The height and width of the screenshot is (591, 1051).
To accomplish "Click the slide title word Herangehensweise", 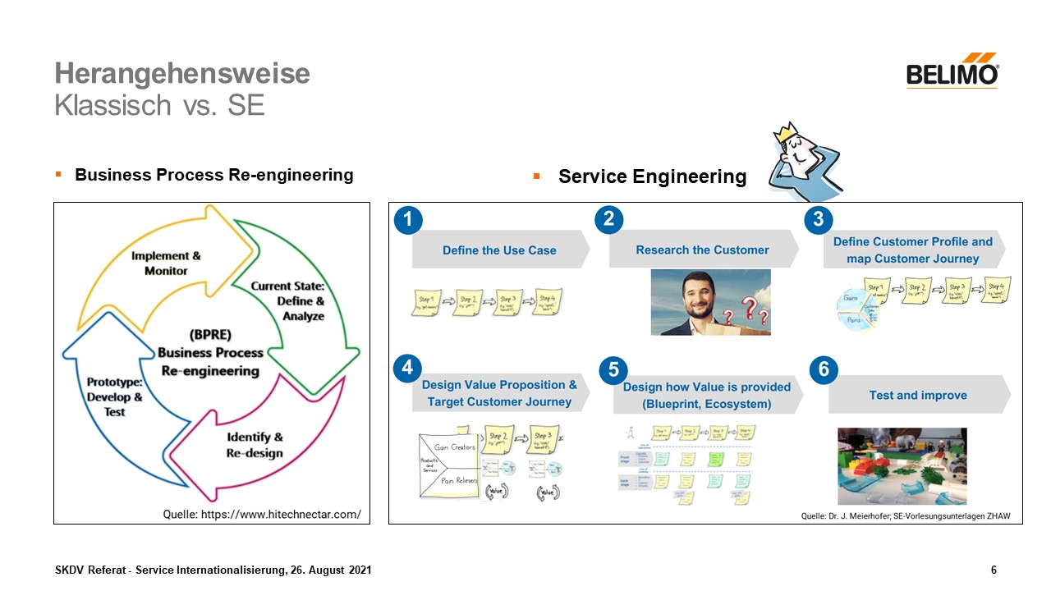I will click(182, 74).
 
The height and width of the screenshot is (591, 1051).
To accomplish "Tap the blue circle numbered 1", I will click(408, 219).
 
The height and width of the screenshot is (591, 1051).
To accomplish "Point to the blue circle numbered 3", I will click(818, 219).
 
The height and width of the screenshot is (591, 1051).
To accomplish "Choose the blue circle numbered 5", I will click(613, 370).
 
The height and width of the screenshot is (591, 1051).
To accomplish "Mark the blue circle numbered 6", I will click(824, 370).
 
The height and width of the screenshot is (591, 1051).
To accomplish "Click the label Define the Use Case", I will click(499, 250).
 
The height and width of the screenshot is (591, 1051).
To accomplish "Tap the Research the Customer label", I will click(702, 250).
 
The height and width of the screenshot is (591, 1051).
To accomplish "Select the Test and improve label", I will click(918, 396).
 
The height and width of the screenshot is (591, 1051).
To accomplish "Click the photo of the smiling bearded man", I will click(710, 302).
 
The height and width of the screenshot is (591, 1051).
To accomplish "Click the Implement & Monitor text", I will click(166, 263).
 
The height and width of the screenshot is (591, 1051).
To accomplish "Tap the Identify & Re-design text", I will click(255, 445).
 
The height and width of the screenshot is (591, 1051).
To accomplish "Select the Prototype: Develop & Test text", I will click(115, 397).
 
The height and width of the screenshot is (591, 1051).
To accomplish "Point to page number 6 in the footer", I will click(994, 570).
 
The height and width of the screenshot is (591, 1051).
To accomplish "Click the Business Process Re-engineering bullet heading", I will click(213, 175).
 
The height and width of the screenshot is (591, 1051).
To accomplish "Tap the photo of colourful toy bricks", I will click(902, 466).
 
